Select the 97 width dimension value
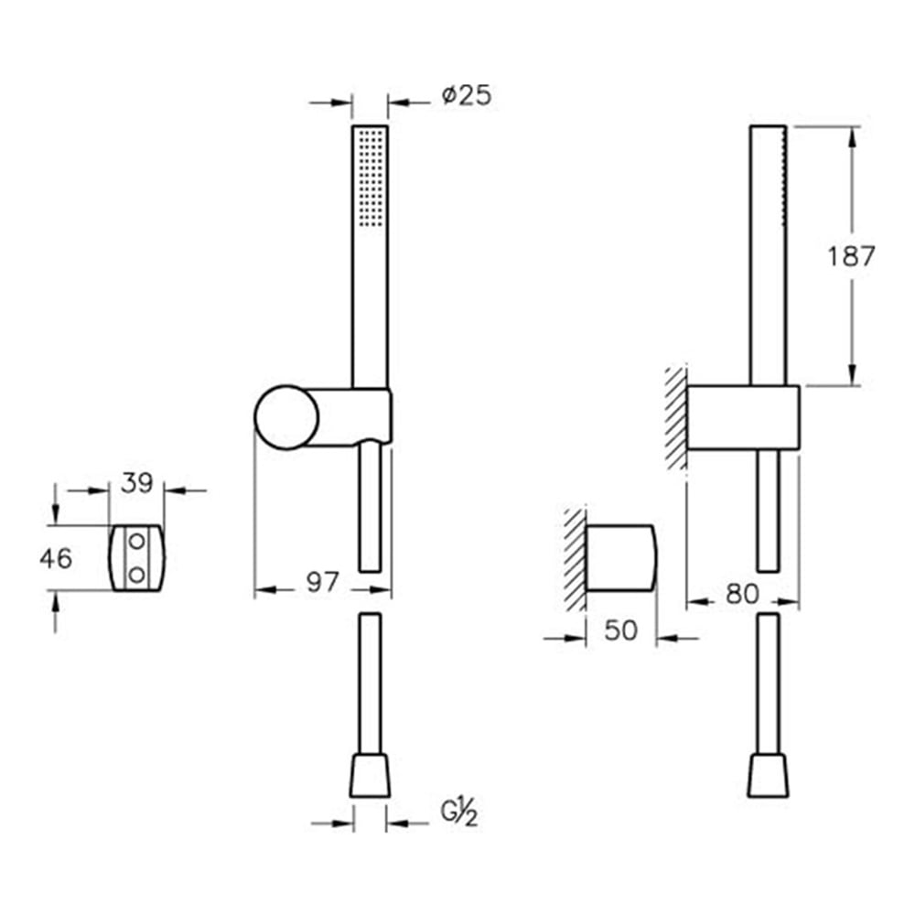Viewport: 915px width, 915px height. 322,583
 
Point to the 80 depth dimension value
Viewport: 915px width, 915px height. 743,594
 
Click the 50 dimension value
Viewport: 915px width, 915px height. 620,632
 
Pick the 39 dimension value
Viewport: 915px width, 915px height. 137,483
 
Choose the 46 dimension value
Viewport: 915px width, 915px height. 56,557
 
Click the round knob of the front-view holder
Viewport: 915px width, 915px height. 286,417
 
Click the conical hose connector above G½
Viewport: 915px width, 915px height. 370,775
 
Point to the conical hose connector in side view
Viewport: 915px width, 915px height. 767,775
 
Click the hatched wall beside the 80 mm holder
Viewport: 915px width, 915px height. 676,417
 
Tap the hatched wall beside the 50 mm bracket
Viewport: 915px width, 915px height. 575,558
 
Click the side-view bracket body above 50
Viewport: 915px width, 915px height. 619,557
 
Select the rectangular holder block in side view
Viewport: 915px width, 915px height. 742,417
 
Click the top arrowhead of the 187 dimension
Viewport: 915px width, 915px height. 853,136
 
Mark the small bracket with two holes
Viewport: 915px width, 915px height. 137,557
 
